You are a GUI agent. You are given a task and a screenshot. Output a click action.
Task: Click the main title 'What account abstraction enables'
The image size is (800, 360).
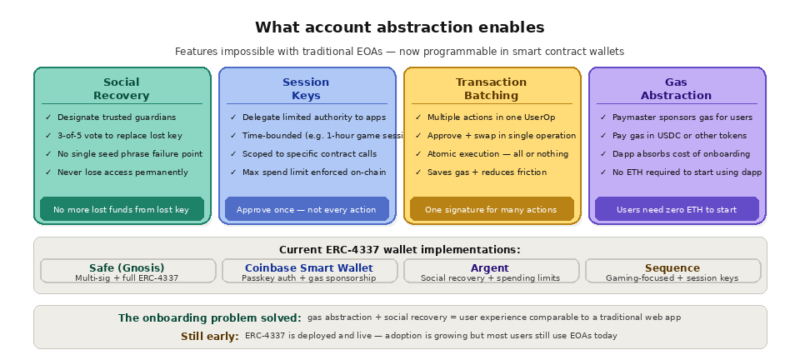[399, 27]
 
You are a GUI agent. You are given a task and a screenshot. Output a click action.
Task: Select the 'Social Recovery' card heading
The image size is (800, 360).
[122, 88]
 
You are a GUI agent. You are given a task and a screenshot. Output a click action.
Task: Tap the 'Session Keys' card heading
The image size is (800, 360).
[306, 88]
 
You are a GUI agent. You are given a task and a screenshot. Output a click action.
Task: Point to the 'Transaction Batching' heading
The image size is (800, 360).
[491, 88]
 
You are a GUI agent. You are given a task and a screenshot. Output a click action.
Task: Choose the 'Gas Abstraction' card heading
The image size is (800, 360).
[676, 88]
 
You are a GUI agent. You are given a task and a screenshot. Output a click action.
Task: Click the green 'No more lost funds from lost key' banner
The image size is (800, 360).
[122, 209]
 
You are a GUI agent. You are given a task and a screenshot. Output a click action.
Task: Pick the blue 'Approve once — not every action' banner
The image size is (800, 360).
[306, 209]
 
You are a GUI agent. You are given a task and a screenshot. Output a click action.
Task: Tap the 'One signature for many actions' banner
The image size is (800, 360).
[491, 209]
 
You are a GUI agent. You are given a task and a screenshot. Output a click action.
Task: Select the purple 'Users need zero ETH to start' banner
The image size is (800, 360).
[676, 209]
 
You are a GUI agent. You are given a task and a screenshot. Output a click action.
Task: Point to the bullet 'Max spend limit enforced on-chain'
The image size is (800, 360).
[313, 172]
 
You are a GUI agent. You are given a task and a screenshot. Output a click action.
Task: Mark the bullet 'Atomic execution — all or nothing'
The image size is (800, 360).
[497, 154]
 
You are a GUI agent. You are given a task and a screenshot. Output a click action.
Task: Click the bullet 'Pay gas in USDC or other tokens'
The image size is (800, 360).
[679, 136]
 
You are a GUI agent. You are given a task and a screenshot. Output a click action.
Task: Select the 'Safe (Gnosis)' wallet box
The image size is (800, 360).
[127, 271]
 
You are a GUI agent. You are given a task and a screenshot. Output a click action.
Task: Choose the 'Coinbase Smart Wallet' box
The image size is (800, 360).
[308, 271]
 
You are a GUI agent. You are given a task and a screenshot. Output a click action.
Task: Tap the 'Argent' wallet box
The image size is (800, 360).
[490, 271]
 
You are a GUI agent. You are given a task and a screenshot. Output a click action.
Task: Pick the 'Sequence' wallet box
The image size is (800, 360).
[672, 271]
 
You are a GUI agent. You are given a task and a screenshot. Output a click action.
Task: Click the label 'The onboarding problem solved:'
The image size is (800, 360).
[209, 317]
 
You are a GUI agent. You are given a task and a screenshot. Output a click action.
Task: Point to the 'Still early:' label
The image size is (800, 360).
[210, 336]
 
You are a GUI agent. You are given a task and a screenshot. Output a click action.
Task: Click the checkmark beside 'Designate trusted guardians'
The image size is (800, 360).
[48, 117]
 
